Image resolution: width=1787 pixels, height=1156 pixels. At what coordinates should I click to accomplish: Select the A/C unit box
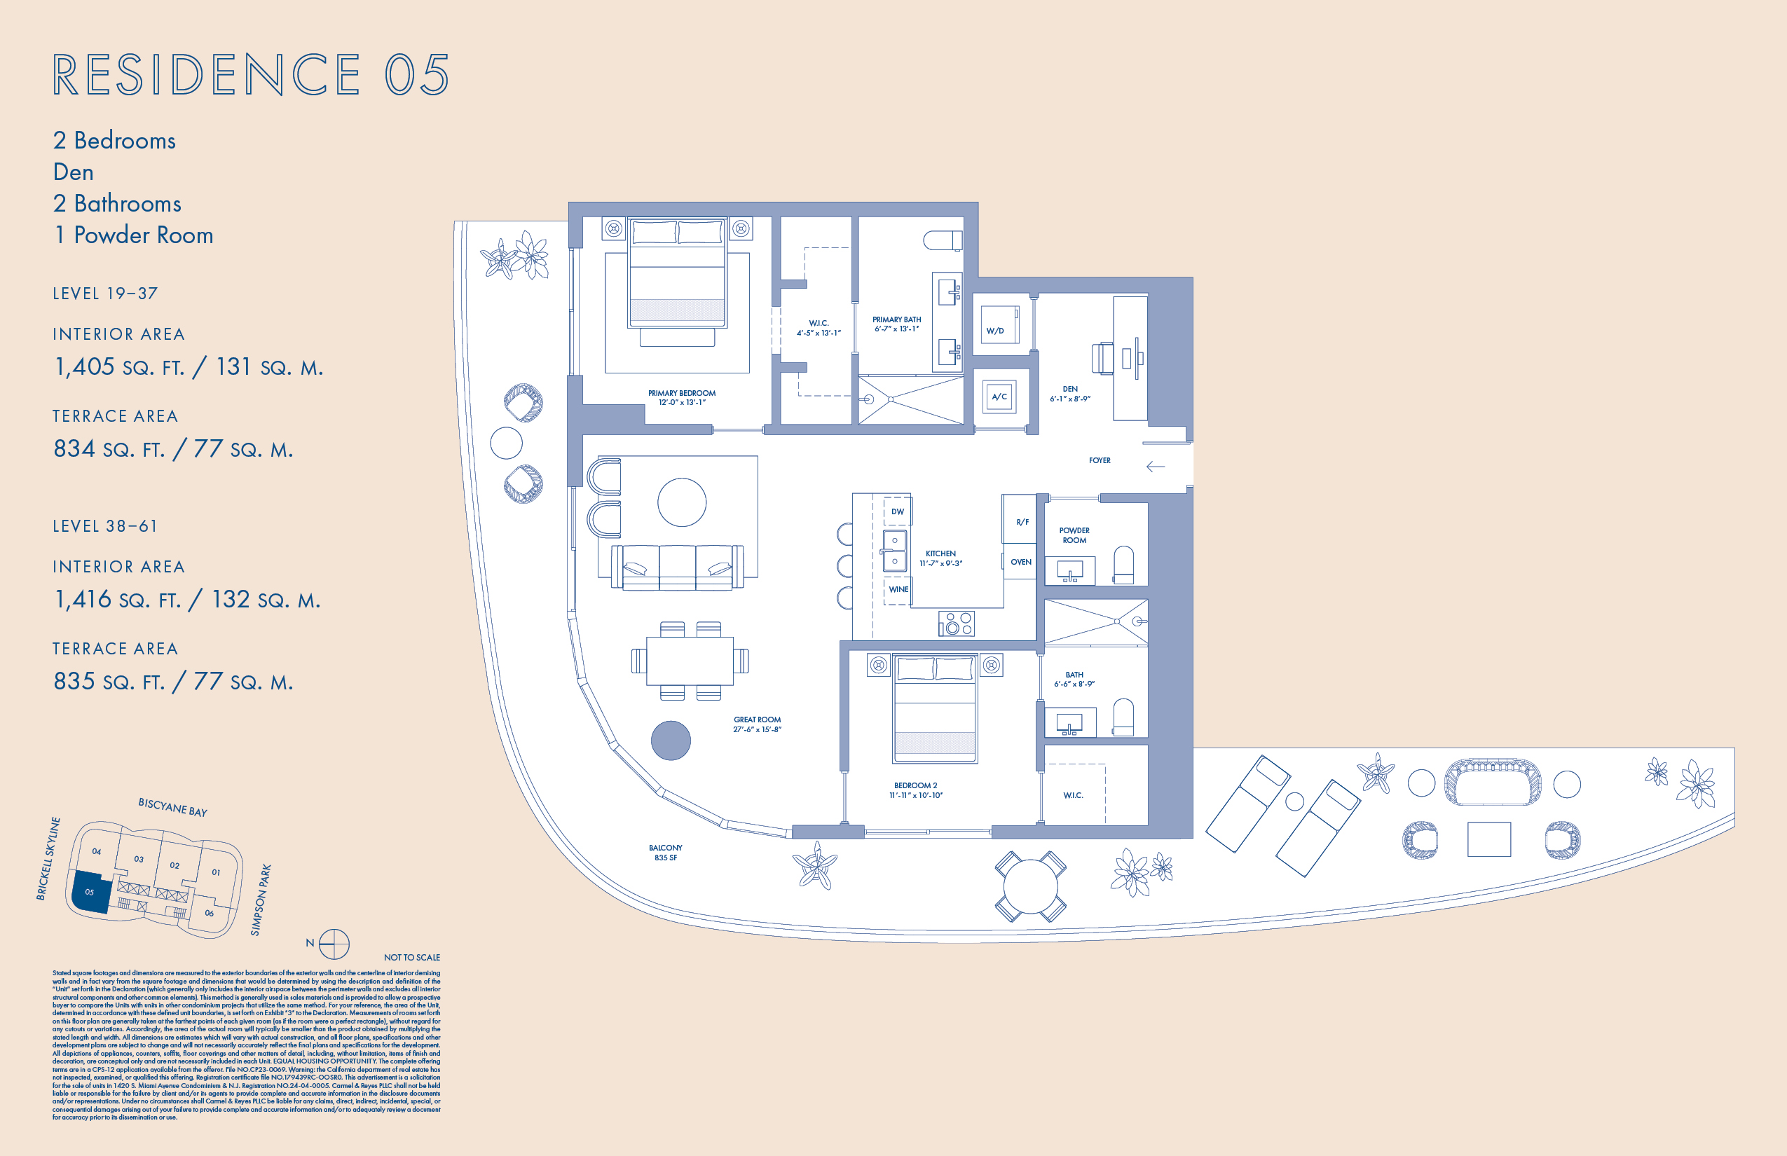click(x=999, y=397)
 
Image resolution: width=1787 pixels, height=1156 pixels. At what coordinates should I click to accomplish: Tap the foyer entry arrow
click(x=1155, y=467)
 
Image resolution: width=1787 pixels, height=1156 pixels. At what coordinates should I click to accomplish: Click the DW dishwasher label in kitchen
click(x=897, y=512)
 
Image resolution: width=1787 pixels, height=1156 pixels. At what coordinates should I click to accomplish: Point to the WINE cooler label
click(x=898, y=589)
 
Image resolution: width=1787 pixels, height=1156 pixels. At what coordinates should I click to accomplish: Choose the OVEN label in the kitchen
click(x=1020, y=561)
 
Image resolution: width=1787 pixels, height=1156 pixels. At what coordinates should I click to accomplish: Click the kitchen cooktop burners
click(x=956, y=623)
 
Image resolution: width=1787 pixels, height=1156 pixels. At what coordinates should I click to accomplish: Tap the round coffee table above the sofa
click(x=682, y=502)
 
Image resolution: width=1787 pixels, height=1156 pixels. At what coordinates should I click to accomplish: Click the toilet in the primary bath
click(x=943, y=240)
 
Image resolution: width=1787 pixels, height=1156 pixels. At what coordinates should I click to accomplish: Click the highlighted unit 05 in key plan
click(x=90, y=892)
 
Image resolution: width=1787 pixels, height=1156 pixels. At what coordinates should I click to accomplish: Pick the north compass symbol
click(x=334, y=944)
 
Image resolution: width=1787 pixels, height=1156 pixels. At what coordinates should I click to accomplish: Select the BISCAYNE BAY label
click(x=172, y=808)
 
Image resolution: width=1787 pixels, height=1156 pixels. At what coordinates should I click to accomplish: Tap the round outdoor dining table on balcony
click(x=1030, y=886)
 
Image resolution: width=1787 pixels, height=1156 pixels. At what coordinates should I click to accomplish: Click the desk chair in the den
click(x=1102, y=358)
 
